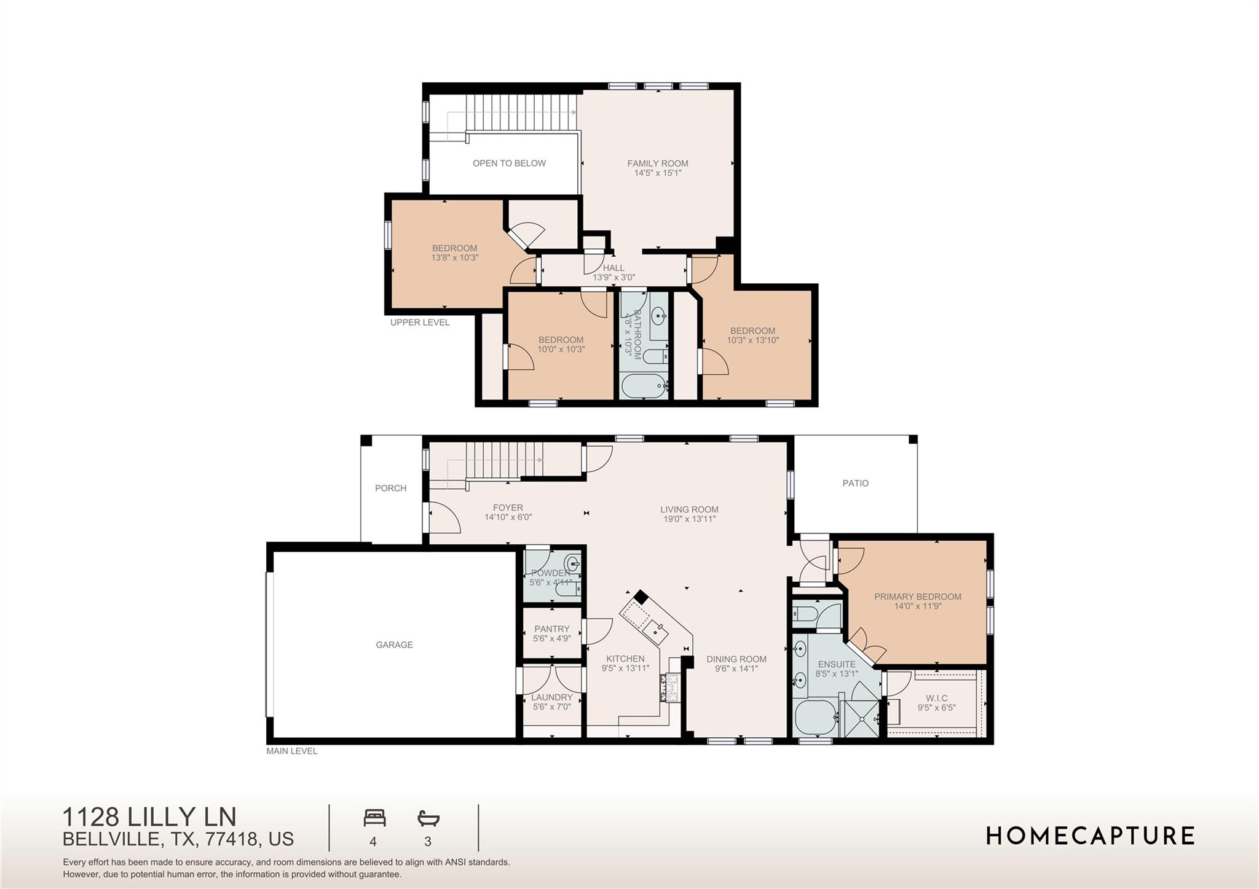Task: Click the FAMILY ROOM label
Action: pyautogui.click(x=657, y=163)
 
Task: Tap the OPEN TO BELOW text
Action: pyautogui.click(x=509, y=163)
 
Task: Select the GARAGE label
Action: pyautogui.click(x=394, y=644)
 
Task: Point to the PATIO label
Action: pyautogui.click(x=855, y=484)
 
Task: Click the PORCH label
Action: pyautogui.click(x=390, y=488)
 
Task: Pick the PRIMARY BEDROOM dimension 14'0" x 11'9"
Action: pyautogui.click(x=917, y=606)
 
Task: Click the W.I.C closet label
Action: pyautogui.click(x=936, y=698)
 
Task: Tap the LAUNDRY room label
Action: pyautogui.click(x=551, y=697)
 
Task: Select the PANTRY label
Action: pyautogui.click(x=551, y=629)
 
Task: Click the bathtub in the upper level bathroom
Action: pyautogui.click(x=643, y=387)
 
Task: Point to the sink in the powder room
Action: pyautogui.click(x=574, y=562)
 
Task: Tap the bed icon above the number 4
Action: pyautogui.click(x=374, y=818)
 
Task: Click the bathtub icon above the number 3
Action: pyautogui.click(x=428, y=818)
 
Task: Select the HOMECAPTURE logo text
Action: pyautogui.click(x=1090, y=836)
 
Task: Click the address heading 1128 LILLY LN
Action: pyautogui.click(x=149, y=817)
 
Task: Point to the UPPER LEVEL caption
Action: pyautogui.click(x=420, y=323)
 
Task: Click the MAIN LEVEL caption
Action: pyautogui.click(x=291, y=751)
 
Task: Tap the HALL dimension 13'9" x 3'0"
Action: pyautogui.click(x=614, y=278)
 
